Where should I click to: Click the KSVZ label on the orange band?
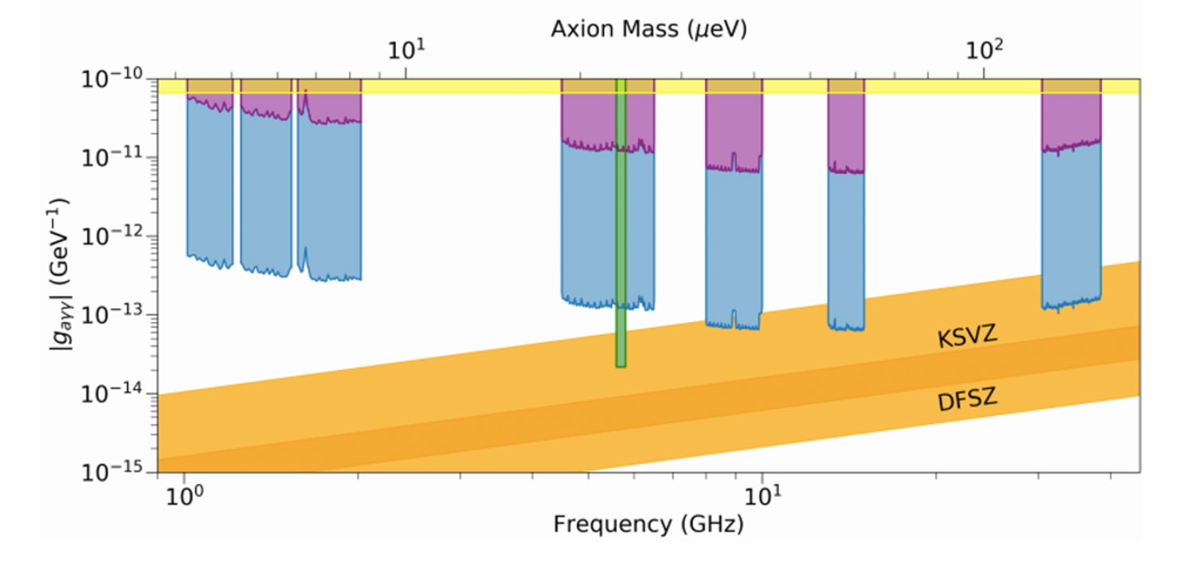[x=967, y=337]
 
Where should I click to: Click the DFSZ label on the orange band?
[x=967, y=400]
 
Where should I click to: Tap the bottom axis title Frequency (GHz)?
[x=648, y=524]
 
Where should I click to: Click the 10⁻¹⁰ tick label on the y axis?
[x=112, y=80]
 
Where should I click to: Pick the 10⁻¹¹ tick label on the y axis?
[x=112, y=158]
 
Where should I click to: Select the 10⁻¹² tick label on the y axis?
[x=112, y=236]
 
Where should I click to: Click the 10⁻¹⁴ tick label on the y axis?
[x=112, y=394]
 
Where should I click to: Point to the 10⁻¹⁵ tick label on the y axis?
[x=112, y=472]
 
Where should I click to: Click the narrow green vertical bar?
[x=621, y=239]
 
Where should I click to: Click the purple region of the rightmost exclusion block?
[x=1072, y=119]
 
